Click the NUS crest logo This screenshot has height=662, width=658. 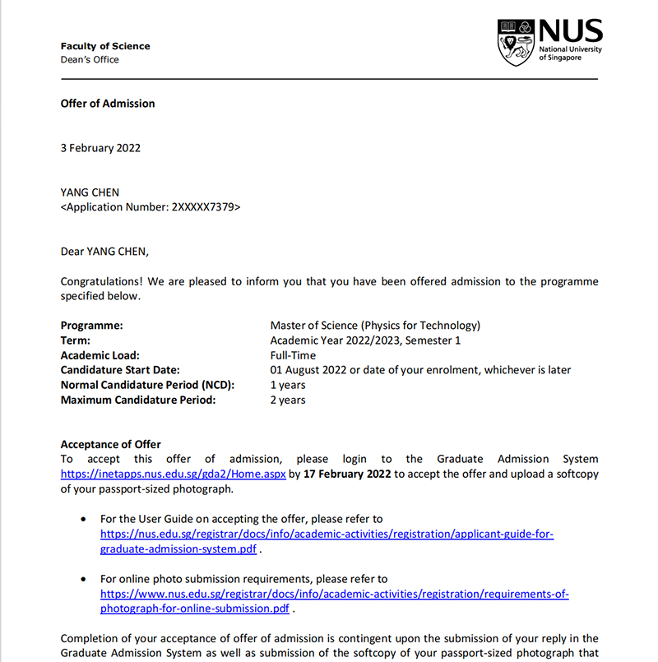coord(516,43)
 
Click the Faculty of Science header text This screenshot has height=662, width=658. coord(105,46)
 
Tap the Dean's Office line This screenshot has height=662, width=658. coord(90,59)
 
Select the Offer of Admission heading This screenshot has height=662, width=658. coord(108,104)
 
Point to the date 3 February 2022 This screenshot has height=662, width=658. coord(100,148)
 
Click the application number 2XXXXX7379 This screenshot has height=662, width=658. coord(203,207)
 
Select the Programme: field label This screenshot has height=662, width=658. coord(91,326)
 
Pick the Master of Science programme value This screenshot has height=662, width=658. coord(375,326)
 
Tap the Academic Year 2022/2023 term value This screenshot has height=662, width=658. coord(365,340)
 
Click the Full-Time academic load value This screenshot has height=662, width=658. coord(293,355)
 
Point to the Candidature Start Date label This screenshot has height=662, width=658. coord(120,370)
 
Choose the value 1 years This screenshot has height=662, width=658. coord(288,385)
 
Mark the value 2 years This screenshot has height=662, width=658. coord(288,400)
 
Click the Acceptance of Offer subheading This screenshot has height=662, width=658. coord(111,445)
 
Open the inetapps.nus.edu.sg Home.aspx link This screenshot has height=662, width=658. coord(174,475)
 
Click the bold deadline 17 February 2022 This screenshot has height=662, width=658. coord(347,475)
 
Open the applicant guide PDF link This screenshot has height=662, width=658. coord(327,534)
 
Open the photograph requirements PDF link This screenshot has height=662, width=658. coord(334,594)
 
